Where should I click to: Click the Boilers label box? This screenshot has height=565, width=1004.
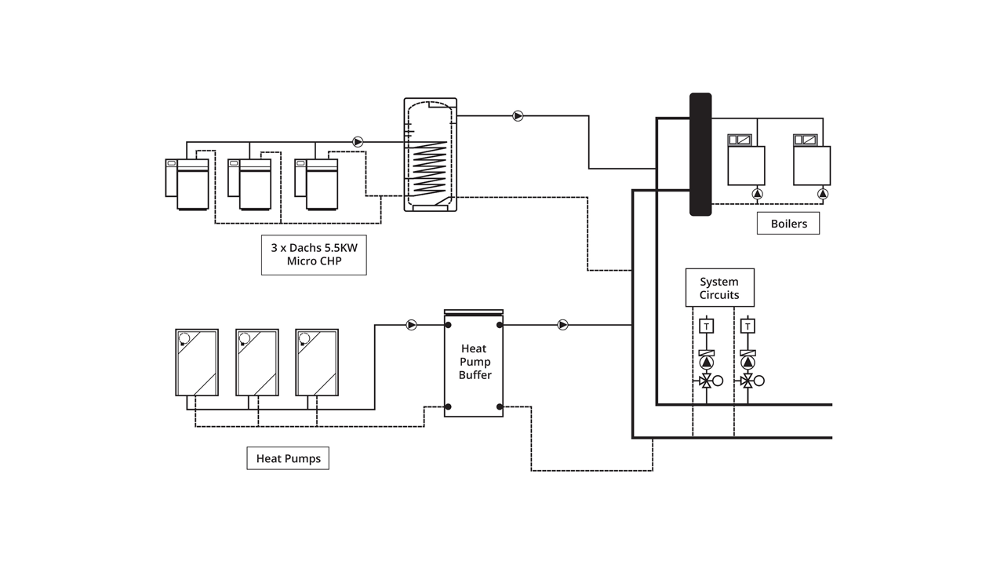click(x=788, y=224)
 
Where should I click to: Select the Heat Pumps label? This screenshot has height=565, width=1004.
click(x=288, y=458)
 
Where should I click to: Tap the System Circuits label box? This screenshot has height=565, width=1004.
click(x=720, y=288)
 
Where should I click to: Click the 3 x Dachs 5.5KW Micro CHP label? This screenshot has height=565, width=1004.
click(x=314, y=255)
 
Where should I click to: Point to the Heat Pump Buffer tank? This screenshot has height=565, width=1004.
click(x=474, y=363)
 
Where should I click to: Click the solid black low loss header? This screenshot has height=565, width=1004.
click(x=700, y=155)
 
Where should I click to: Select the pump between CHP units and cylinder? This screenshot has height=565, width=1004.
click(x=358, y=142)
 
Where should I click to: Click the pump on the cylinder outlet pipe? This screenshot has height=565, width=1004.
click(x=518, y=116)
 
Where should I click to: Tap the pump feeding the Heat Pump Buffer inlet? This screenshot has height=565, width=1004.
click(x=412, y=325)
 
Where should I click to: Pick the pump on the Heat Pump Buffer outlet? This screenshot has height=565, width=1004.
click(x=563, y=325)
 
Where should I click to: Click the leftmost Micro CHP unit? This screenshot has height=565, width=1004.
click(x=187, y=184)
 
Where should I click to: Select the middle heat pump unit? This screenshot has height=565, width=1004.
click(x=257, y=363)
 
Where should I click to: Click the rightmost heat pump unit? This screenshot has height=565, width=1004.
click(x=317, y=363)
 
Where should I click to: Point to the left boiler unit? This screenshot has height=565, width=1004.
click(x=746, y=160)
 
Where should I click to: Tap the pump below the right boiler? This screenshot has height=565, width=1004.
click(x=823, y=194)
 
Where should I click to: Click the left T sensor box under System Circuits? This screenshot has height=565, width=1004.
click(x=707, y=326)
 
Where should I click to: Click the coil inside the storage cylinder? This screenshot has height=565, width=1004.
click(x=429, y=168)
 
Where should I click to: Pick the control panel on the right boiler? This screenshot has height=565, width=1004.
click(x=806, y=140)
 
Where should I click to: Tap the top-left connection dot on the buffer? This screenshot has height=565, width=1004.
click(x=448, y=325)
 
